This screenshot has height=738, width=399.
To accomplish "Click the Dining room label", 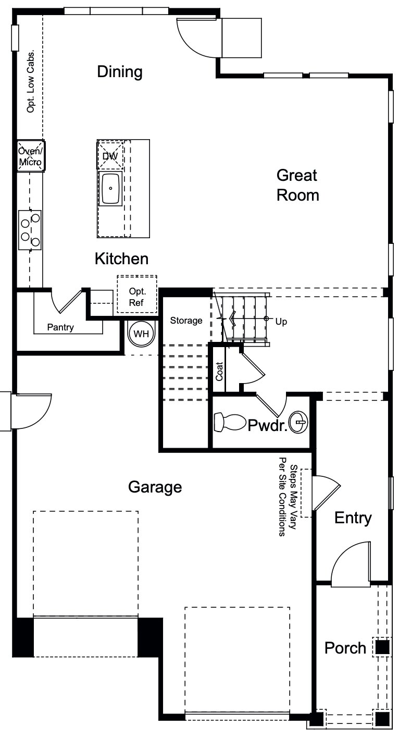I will click(x=120, y=72).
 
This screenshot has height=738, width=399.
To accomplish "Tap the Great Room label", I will click(x=297, y=185).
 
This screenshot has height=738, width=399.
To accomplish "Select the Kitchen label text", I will click(x=121, y=259).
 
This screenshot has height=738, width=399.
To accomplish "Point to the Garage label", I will click(x=155, y=487).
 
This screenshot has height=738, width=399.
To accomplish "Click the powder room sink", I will click(x=300, y=421).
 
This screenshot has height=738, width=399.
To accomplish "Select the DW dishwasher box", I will click(x=110, y=155).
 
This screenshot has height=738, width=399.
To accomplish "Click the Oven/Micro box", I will click(x=30, y=156).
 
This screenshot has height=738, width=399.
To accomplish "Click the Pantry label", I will click(x=60, y=328).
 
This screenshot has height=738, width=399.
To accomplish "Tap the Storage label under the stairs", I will click(x=186, y=321).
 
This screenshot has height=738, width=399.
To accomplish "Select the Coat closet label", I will click(x=219, y=371).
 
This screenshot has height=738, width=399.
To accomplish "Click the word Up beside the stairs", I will click(x=281, y=322).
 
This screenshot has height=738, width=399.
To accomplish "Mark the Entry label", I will click(x=353, y=518).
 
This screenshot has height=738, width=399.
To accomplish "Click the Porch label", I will click(x=345, y=648).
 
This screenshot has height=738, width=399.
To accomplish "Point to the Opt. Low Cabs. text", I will click(x=31, y=82).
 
